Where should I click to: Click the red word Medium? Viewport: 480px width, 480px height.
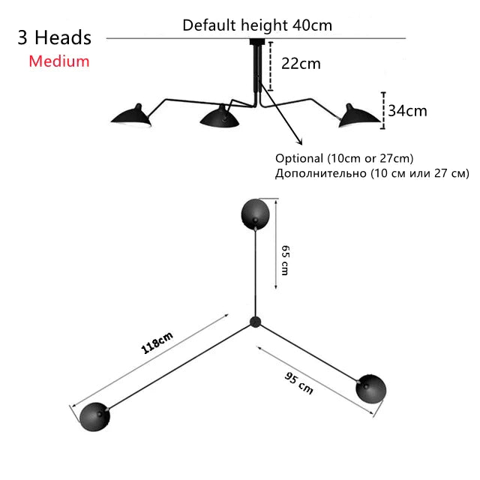[59, 61]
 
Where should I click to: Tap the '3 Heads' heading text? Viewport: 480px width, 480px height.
[55, 37]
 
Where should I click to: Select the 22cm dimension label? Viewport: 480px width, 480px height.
[301, 64]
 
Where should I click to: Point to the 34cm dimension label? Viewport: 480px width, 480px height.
[407, 110]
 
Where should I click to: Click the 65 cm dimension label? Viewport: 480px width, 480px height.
[285, 260]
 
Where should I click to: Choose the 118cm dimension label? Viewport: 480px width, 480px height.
[157, 343]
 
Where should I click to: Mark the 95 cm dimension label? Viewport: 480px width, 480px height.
[298, 383]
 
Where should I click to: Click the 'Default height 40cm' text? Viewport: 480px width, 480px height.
[257, 25]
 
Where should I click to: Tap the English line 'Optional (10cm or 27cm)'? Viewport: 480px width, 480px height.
[344, 158]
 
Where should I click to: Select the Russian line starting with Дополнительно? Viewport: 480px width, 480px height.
[372, 173]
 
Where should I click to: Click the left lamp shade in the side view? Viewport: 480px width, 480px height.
[132, 115]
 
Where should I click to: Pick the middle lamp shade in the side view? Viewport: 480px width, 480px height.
[220, 116]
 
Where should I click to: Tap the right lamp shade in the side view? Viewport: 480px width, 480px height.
[358, 115]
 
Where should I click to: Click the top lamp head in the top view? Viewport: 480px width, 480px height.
[255, 214]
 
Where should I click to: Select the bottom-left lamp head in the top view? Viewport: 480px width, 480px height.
[94, 417]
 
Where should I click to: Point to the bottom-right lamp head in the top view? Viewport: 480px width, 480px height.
[371, 388]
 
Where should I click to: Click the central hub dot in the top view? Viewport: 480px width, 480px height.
[255, 322]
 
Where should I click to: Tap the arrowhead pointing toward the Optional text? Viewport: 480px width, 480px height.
[300, 142]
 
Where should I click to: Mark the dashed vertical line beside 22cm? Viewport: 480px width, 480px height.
[270, 66]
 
